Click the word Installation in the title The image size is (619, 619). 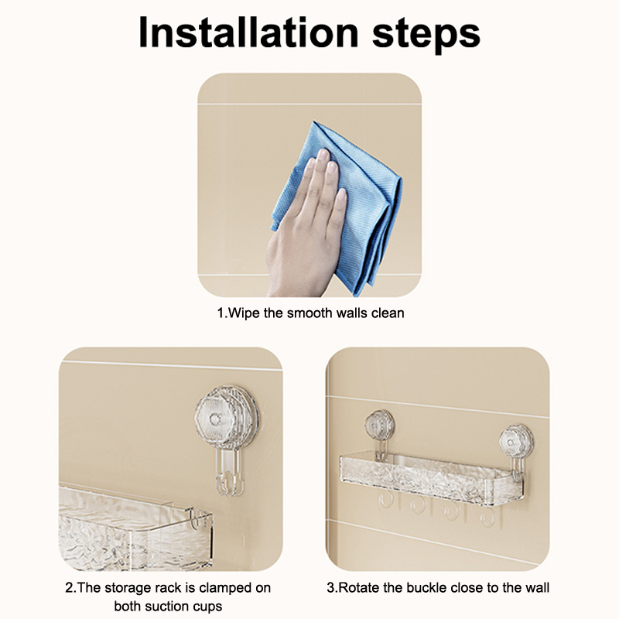tap(248, 32)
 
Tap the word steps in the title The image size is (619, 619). tap(426, 36)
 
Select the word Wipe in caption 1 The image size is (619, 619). tap(244, 313)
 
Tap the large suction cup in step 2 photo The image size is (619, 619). tap(227, 419)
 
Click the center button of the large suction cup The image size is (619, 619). tap(216, 419)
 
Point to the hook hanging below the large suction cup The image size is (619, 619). tap(229, 473)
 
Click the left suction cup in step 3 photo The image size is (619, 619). tap(379, 425)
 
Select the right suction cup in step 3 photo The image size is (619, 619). tap(515, 442)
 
